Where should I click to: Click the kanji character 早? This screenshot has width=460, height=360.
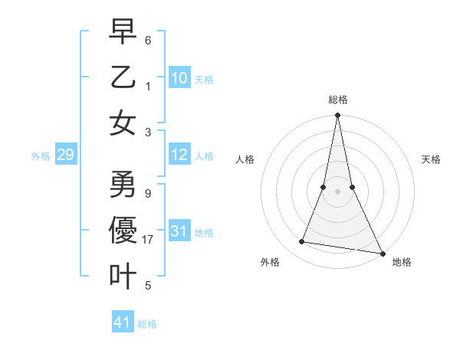(x=123, y=31)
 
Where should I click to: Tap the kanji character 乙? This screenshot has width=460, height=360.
(x=123, y=77)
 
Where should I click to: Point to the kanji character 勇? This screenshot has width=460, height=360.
(x=123, y=185)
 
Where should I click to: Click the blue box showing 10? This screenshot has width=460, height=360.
(x=179, y=78)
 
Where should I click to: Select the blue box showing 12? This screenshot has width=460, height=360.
(x=179, y=155)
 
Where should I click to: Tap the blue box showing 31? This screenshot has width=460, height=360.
(x=179, y=232)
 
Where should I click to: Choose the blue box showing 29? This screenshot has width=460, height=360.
(x=65, y=155)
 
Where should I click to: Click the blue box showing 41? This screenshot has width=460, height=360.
(x=123, y=322)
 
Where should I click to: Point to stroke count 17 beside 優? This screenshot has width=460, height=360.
(x=148, y=240)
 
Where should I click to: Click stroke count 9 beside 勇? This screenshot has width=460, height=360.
(x=148, y=194)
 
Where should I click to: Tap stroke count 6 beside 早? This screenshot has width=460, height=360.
(x=148, y=40)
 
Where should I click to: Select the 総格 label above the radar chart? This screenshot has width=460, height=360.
(x=337, y=100)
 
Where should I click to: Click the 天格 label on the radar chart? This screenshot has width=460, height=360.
(x=431, y=159)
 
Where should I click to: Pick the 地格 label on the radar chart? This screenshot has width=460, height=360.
(x=402, y=262)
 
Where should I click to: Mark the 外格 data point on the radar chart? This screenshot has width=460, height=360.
(x=302, y=242)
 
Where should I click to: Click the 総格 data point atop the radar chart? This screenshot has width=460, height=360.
(x=337, y=116)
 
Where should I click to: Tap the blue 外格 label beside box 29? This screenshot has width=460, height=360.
(x=41, y=156)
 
